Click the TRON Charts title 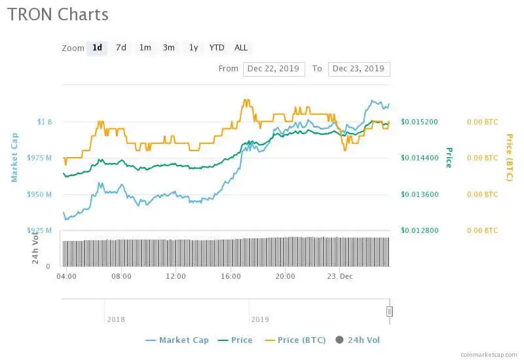(58, 14)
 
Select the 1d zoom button (97, 48)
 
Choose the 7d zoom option (121, 48)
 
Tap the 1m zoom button (145, 48)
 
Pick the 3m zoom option (169, 48)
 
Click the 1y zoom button (193, 48)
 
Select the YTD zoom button (217, 48)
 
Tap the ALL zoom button (241, 48)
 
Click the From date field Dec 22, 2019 (274, 69)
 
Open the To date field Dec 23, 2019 (359, 69)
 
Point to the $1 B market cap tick (45, 122)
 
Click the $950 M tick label (41, 194)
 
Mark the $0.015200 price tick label (419, 122)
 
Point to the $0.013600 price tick (419, 194)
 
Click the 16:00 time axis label (230, 276)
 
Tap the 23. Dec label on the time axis (341, 276)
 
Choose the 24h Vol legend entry (358, 340)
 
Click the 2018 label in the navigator (116, 319)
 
